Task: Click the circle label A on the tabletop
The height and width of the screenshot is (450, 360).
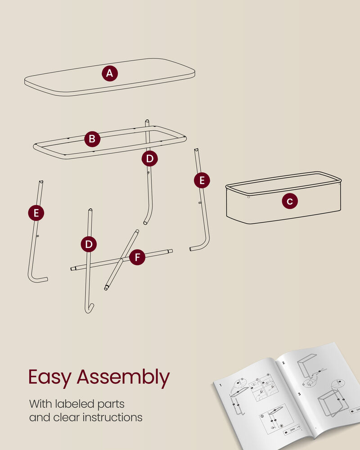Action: point(110,73)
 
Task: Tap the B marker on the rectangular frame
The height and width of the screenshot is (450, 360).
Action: point(92,139)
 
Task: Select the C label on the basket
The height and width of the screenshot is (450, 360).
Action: point(290,201)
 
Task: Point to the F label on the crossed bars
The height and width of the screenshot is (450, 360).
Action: point(137,257)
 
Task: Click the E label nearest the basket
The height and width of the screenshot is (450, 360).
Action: point(202,180)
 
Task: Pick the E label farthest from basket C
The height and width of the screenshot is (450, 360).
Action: point(36,213)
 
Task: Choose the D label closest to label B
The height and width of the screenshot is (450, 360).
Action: point(149,158)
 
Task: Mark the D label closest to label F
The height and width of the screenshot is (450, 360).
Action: point(89,244)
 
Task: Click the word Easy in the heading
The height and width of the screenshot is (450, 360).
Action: point(49,378)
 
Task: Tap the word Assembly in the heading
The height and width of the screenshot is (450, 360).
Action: point(123,378)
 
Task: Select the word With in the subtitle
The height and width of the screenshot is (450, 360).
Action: point(40,404)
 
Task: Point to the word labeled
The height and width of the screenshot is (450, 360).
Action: point(75,404)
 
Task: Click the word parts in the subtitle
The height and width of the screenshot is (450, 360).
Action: point(111,405)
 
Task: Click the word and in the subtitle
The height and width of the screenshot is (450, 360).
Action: point(40,417)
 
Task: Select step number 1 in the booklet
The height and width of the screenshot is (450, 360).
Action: point(220,385)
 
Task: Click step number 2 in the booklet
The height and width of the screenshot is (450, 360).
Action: point(283,363)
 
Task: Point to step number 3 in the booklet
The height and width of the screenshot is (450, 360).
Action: point(299,394)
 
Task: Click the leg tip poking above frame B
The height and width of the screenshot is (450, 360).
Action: point(147,121)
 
